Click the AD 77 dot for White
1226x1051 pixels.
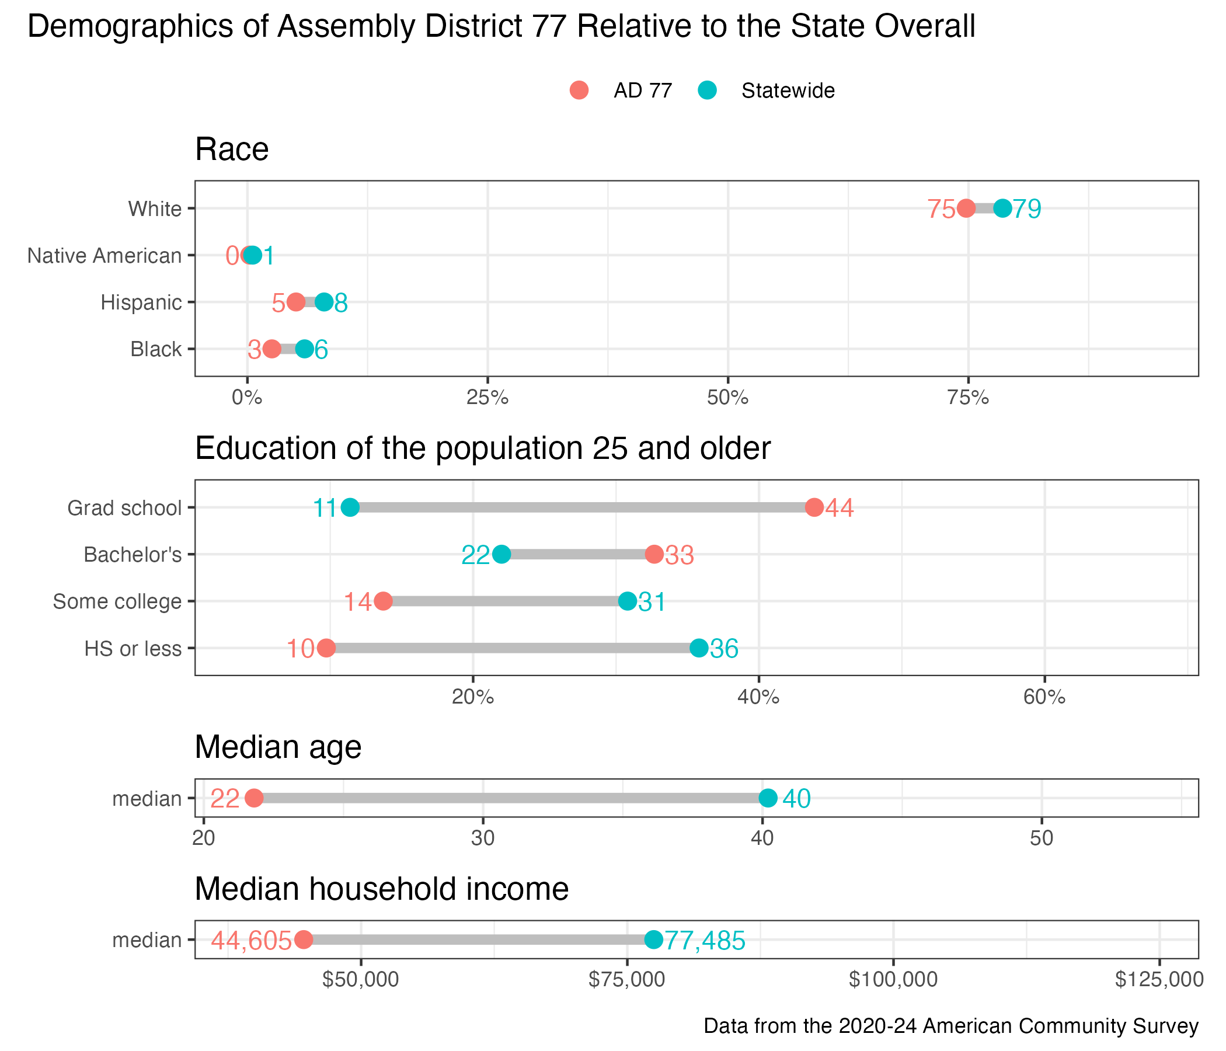tap(966, 208)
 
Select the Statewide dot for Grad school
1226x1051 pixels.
tap(350, 507)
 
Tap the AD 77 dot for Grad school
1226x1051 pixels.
tap(814, 507)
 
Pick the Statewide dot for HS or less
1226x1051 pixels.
tap(699, 648)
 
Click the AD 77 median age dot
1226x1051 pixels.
tap(254, 798)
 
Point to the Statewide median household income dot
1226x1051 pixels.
tap(653, 939)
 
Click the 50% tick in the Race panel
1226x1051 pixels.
tap(728, 398)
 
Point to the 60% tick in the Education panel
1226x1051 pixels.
tap(1044, 698)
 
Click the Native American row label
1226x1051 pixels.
tap(105, 256)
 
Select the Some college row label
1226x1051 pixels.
tap(117, 601)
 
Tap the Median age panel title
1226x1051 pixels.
tap(278, 747)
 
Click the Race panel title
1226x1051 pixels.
tap(232, 149)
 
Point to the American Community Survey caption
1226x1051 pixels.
tap(951, 1025)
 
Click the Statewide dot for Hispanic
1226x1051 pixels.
tap(323, 302)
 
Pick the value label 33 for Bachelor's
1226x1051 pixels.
tap(680, 556)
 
